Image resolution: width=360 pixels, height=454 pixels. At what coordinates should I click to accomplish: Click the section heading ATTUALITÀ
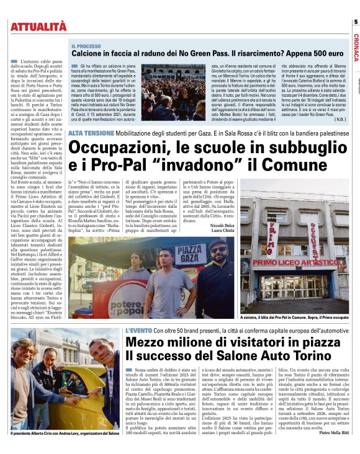(38, 25)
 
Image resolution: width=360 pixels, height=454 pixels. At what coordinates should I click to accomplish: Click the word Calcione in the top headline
(88, 54)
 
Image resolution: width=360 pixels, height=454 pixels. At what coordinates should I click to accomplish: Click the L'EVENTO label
(140, 331)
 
